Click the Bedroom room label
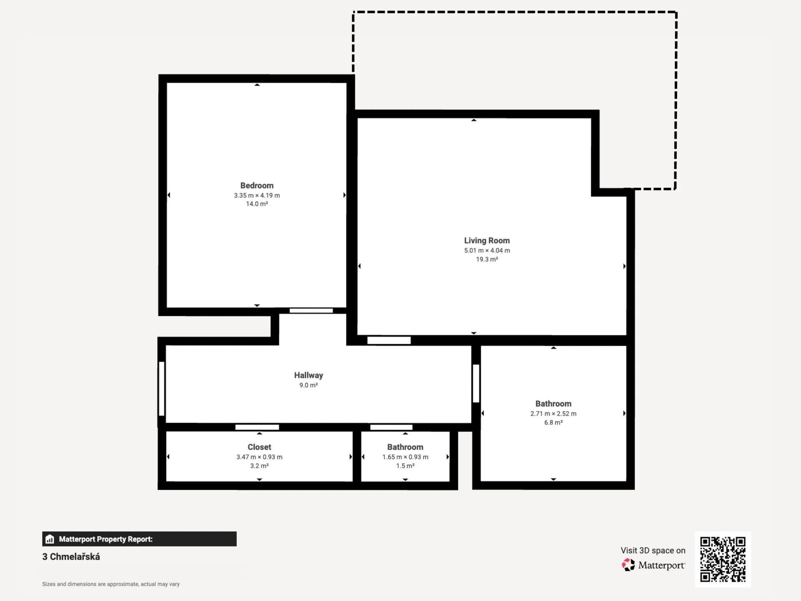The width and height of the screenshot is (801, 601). click(257, 186)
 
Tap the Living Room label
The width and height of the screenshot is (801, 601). click(487, 241)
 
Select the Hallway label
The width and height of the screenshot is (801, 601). click(308, 376)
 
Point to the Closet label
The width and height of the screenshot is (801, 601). click(259, 447)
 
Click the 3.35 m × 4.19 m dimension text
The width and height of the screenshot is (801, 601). click(257, 195)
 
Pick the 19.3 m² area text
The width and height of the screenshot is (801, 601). click(487, 259)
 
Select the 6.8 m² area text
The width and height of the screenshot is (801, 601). click(554, 422)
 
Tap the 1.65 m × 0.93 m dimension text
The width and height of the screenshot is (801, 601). click(406, 457)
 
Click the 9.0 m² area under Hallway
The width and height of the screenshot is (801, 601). click(308, 385)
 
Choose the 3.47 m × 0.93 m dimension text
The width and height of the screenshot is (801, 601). click(259, 457)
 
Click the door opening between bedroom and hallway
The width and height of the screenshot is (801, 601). click(311, 311)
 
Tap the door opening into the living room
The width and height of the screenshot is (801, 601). click(389, 341)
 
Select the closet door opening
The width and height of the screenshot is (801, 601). click(257, 427)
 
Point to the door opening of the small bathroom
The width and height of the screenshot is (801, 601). click(391, 427)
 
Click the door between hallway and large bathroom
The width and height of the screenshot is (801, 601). click(476, 384)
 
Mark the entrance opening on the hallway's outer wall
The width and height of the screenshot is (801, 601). click(161, 389)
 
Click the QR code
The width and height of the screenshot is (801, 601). click(723, 559)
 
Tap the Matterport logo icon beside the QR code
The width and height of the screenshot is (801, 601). click(628, 565)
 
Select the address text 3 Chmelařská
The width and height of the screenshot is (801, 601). click(71, 557)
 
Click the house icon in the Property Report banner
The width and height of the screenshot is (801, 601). click(50, 539)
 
